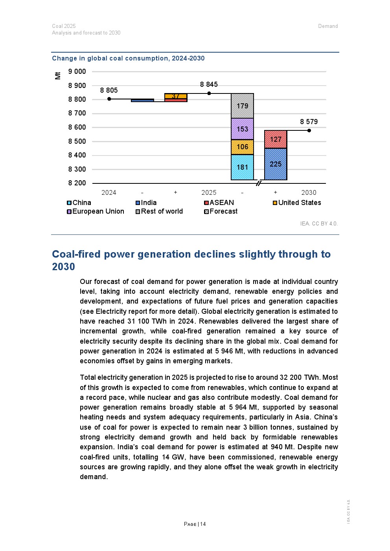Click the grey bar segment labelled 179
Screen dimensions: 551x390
pyautogui.click(x=242, y=106)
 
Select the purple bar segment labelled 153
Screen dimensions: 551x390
pyautogui.click(x=242, y=129)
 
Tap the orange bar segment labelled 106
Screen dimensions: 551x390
pyautogui.click(x=242, y=147)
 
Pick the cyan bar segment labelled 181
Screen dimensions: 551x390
pyautogui.click(x=242, y=167)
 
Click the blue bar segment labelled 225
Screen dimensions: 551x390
pyautogui.click(x=275, y=164)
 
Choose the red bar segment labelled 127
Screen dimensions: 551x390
pyautogui.click(x=275, y=139)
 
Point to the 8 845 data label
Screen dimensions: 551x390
pyautogui.click(x=209, y=84)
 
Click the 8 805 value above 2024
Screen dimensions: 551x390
pyautogui.click(x=109, y=90)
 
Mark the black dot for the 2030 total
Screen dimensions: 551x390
pyautogui.click(x=309, y=130)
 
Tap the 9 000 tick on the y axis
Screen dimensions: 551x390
pyautogui.click(x=77, y=71)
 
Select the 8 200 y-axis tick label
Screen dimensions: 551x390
pyautogui.click(x=77, y=183)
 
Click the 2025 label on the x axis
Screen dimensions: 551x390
pyautogui.click(x=209, y=192)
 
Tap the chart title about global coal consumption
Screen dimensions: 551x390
pyautogui.click(x=128, y=59)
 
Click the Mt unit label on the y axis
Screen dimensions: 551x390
pyautogui.click(x=58, y=75)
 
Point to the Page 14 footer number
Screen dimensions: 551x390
pyautogui.click(x=195, y=524)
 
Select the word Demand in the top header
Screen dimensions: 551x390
pyautogui.click(x=328, y=26)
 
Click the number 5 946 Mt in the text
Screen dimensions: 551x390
pyautogui.click(x=228, y=351)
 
